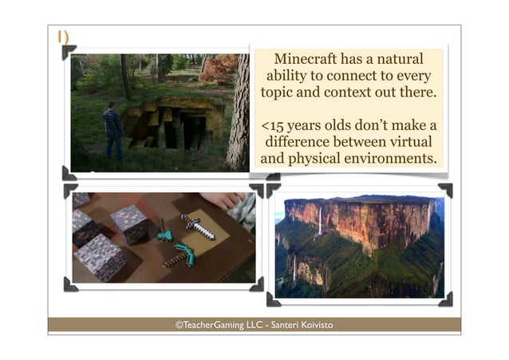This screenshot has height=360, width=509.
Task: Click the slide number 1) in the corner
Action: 62,37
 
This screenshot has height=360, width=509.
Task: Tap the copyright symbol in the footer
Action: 180,325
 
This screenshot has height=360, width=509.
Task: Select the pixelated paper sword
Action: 197,226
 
